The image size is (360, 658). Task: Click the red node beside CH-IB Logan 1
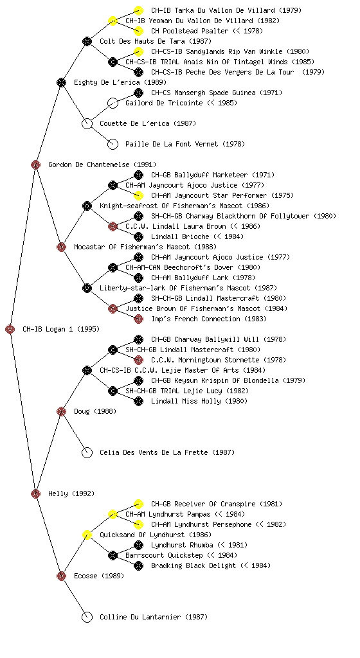(x=10, y=329)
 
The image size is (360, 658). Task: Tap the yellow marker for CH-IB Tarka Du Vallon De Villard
(x=138, y=10)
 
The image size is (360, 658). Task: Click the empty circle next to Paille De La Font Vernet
(x=113, y=144)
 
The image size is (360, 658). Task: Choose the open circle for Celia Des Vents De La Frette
(x=87, y=452)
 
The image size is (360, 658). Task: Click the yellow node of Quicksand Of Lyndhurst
(x=87, y=535)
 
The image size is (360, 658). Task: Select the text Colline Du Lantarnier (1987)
(x=154, y=617)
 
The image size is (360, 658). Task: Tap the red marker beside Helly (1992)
(x=35, y=493)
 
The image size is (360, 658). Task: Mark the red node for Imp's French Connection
(x=138, y=319)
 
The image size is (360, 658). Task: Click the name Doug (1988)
(x=95, y=411)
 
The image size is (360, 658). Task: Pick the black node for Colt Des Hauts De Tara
(x=87, y=41)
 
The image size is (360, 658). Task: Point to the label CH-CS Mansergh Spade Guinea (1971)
(x=217, y=93)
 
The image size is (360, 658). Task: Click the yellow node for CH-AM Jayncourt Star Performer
(x=138, y=195)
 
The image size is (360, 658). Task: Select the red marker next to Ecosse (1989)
(x=61, y=576)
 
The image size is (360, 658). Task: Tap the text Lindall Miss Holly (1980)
(x=199, y=401)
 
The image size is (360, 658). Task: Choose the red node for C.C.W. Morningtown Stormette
(x=138, y=360)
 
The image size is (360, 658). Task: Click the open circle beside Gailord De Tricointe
(x=113, y=103)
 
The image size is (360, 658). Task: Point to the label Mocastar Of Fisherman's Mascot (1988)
(x=145, y=247)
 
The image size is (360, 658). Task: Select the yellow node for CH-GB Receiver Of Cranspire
(x=138, y=504)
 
